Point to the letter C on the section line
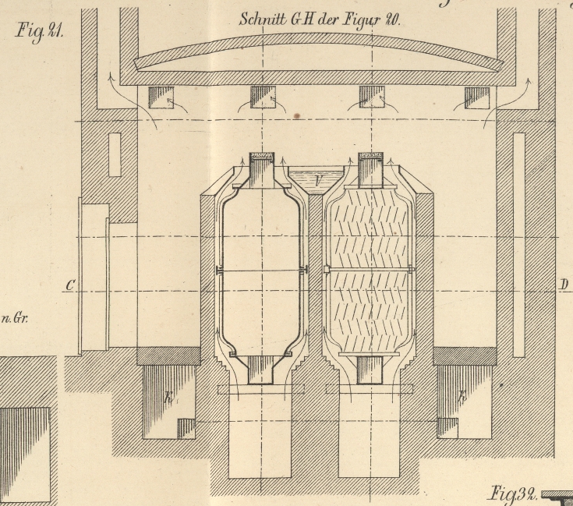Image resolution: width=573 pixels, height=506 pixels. tap(70, 285)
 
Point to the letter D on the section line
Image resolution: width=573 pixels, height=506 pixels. tap(563, 284)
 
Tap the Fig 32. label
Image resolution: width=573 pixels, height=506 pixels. tap(512, 494)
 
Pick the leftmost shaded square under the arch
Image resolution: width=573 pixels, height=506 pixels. tap(161, 97)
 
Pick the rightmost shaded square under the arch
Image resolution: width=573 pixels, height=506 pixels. tap(476, 97)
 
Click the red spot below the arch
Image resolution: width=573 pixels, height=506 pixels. tap(296, 116)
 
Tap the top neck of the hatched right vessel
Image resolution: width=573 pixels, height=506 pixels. tap(371, 170)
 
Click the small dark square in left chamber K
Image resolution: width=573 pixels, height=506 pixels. tap(186, 428)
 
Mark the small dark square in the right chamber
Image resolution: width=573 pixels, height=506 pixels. tap(447, 427)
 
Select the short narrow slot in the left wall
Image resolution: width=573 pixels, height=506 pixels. tap(115, 154)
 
